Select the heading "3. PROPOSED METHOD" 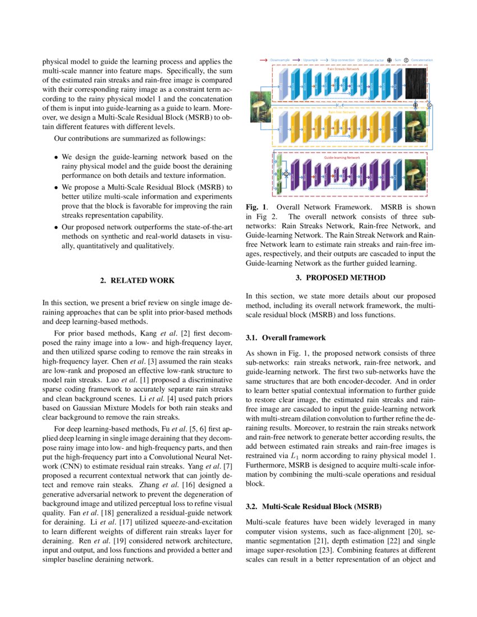tap(341, 278)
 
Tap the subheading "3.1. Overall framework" tap(286, 338)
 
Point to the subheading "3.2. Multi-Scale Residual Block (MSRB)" tap(314, 507)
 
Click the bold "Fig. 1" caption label tap(255, 207)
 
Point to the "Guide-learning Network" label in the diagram tap(342, 158)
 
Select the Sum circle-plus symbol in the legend tap(390, 59)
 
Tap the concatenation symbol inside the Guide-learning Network tap(286, 174)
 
